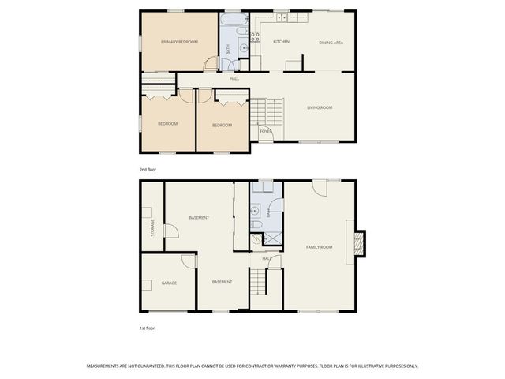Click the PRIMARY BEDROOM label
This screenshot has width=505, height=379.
tap(179, 42)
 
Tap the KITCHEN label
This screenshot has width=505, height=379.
tap(281, 41)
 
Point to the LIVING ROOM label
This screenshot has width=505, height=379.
tap(320, 107)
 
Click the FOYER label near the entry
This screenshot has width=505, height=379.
tap(265, 131)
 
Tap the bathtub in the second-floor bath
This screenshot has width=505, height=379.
tap(234, 18)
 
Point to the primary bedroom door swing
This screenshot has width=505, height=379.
tap(209, 65)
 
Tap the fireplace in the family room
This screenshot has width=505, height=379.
tap(359, 243)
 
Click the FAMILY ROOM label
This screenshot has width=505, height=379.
tap(320, 247)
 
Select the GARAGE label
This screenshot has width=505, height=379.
tap(169, 283)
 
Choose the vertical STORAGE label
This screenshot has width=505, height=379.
tap(153, 227)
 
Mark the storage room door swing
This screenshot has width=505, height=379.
tap(169, 231)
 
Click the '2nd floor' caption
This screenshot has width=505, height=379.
tap(148, 169)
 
